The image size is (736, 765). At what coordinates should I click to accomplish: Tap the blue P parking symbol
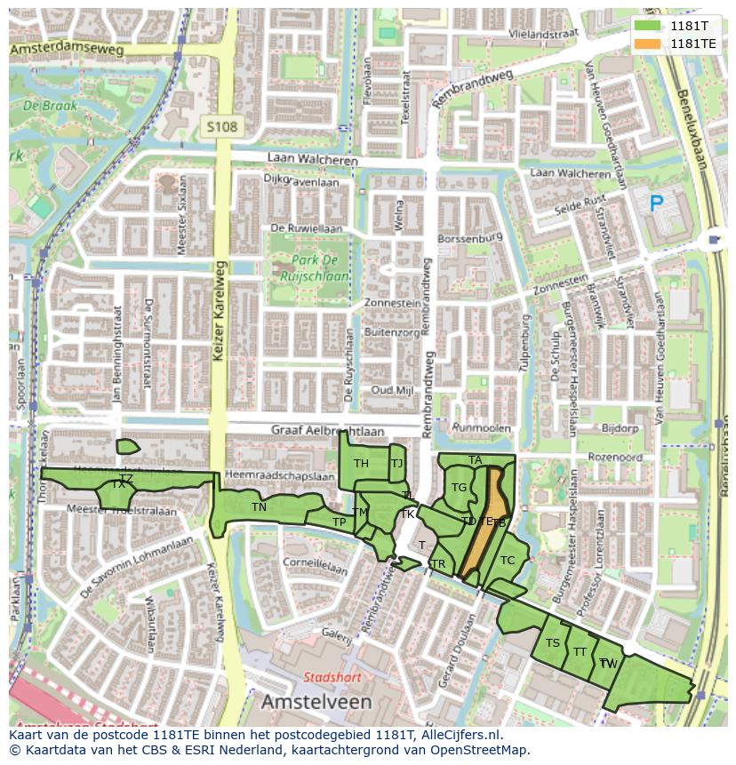tap(656, 204)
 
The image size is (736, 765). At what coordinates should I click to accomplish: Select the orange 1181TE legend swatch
tap(648, 44)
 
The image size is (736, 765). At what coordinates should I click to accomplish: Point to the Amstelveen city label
tap(316, 702)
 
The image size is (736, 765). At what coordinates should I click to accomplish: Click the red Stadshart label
tap(332, 677)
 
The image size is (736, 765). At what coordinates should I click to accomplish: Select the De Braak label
tap(50, 106)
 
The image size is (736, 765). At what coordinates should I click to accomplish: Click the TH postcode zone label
tap(361, 464)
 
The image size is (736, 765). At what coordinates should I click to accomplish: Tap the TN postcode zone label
tap(259, 507)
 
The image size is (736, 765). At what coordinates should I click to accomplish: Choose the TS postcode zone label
tap(553, 643)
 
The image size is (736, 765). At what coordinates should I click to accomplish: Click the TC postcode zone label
tap(508, 560)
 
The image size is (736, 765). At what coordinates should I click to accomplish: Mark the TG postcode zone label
tap(459, 488)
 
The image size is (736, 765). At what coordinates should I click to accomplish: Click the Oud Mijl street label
tap(392, 390)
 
